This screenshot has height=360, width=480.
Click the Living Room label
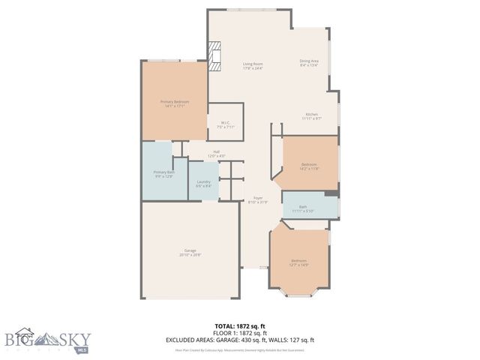253,65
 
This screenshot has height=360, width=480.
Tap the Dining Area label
309,63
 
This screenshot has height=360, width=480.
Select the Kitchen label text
311,116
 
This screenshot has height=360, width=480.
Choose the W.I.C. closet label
225,124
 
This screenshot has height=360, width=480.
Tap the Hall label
216,154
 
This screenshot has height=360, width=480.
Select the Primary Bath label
164,174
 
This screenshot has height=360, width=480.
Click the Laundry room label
203,184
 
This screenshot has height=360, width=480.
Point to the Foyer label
257,199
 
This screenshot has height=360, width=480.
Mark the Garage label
190,253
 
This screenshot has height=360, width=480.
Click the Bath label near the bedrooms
302,208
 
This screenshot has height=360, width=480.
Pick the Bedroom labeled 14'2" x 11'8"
309,166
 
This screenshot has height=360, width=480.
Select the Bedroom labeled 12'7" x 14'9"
298,262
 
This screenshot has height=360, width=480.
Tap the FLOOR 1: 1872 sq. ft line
240,334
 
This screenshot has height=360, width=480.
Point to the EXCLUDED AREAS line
240,340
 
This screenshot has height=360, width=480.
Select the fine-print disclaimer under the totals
240,349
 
